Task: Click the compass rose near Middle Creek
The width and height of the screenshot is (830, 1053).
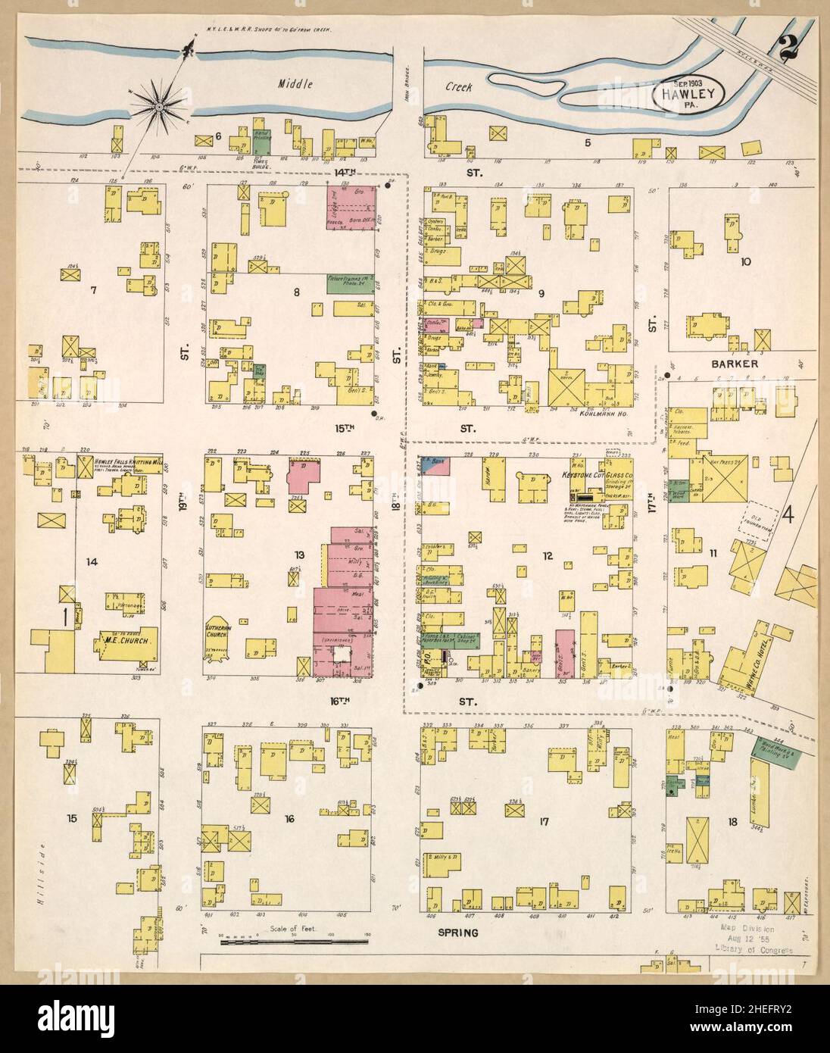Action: click(x=160, y=109)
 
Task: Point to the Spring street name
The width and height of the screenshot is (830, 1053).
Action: click(x=460, y=933)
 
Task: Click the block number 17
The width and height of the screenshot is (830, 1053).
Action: click(x=544, y=821)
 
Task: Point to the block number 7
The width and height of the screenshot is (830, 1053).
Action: click(x=94, y=290)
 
